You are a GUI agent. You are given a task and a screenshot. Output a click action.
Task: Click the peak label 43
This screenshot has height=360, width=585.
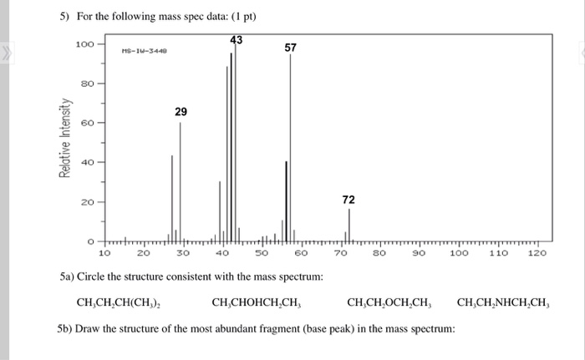click(x=237, y=39)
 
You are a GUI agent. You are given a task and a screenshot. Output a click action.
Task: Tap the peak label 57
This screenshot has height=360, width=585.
click(x=290, y=48)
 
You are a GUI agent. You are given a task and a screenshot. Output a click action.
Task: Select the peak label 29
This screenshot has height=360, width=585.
click(x=181, y=112)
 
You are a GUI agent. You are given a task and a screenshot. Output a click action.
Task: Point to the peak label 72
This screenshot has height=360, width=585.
click(x=348, y=200)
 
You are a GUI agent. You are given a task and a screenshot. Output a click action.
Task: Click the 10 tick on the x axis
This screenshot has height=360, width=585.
click(x=105, y=252)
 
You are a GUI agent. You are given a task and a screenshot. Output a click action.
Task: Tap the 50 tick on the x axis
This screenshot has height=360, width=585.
click(x=262, y=252)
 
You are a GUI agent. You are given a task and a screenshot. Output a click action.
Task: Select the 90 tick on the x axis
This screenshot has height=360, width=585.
click(x=420, y=252)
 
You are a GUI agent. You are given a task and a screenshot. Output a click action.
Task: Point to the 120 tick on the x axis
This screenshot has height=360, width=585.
click(x=537, y=252)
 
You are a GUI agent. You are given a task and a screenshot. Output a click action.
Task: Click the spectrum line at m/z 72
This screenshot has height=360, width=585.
click(x=348, y=224)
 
